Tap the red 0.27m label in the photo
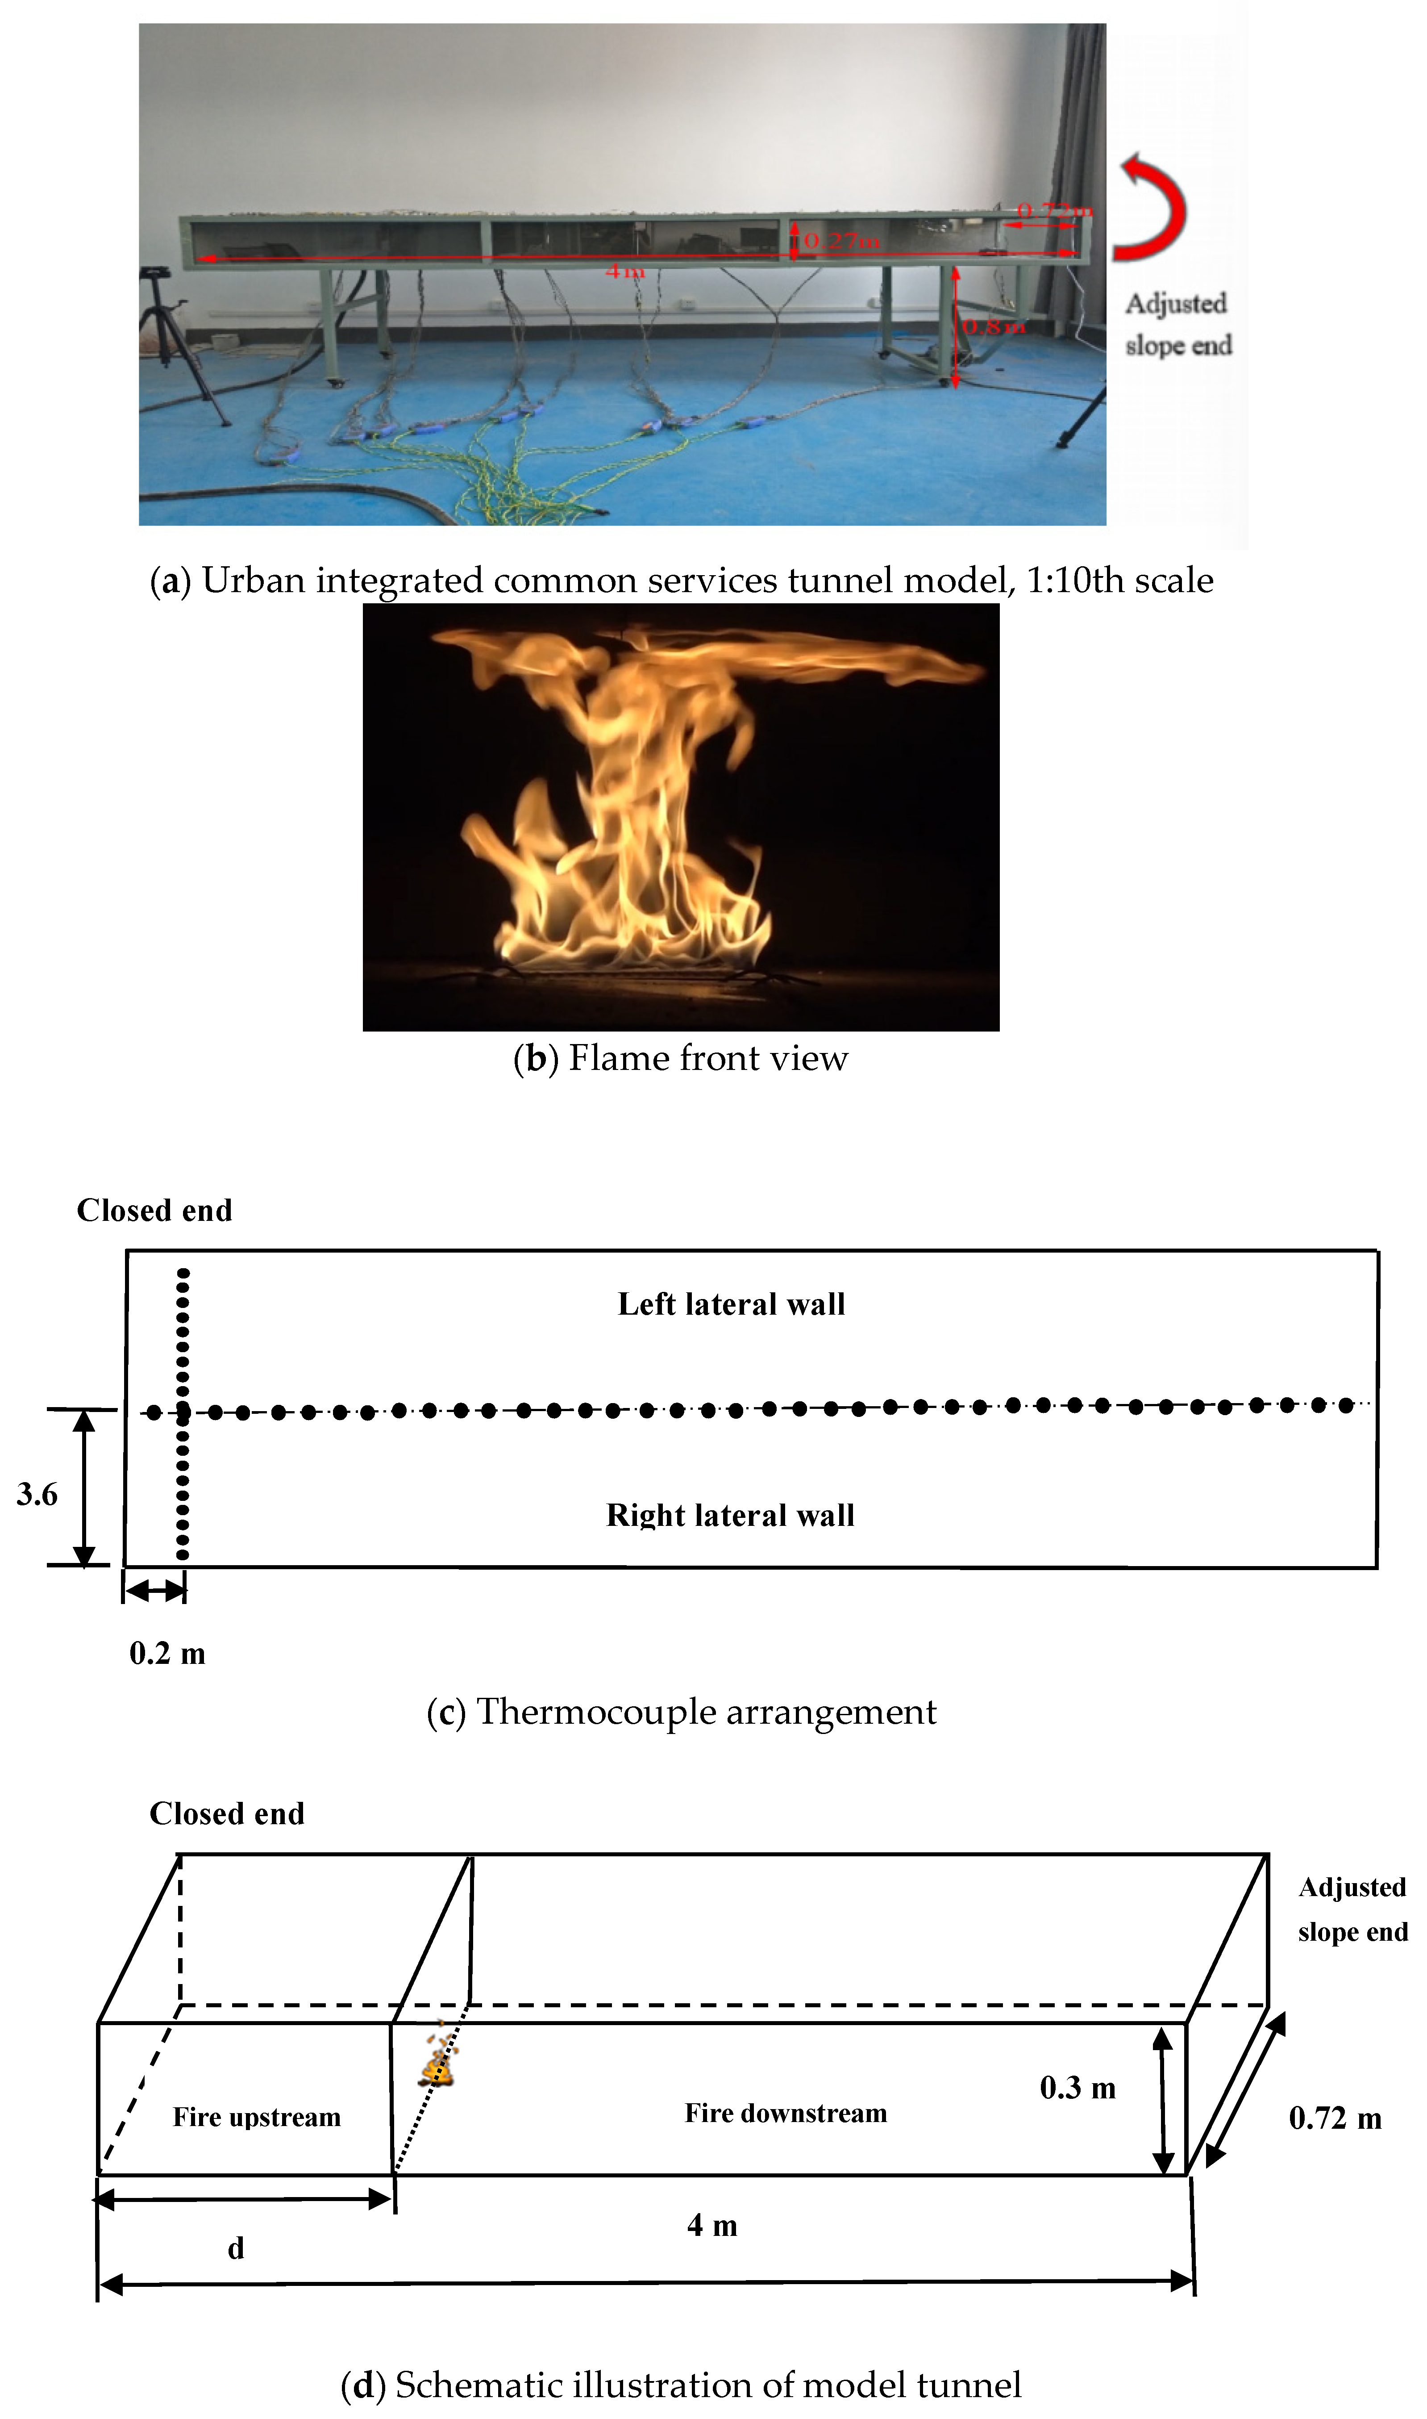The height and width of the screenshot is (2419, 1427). [841, 240]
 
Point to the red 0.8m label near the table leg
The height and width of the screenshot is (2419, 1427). [993, 327]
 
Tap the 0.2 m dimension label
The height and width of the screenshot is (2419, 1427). [167, 1654]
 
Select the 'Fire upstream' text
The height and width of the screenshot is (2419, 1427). [257, 2117]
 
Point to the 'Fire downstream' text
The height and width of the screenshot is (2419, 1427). [786, 2113]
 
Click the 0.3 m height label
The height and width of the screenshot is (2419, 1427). [1077, 2087]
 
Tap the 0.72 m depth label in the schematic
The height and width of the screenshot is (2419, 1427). [1335, 2118]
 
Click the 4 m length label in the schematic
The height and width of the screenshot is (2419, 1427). [711, 2225]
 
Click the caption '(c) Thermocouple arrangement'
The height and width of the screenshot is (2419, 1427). [681, 1712]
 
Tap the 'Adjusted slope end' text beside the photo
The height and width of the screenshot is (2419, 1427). [1178, 324]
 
